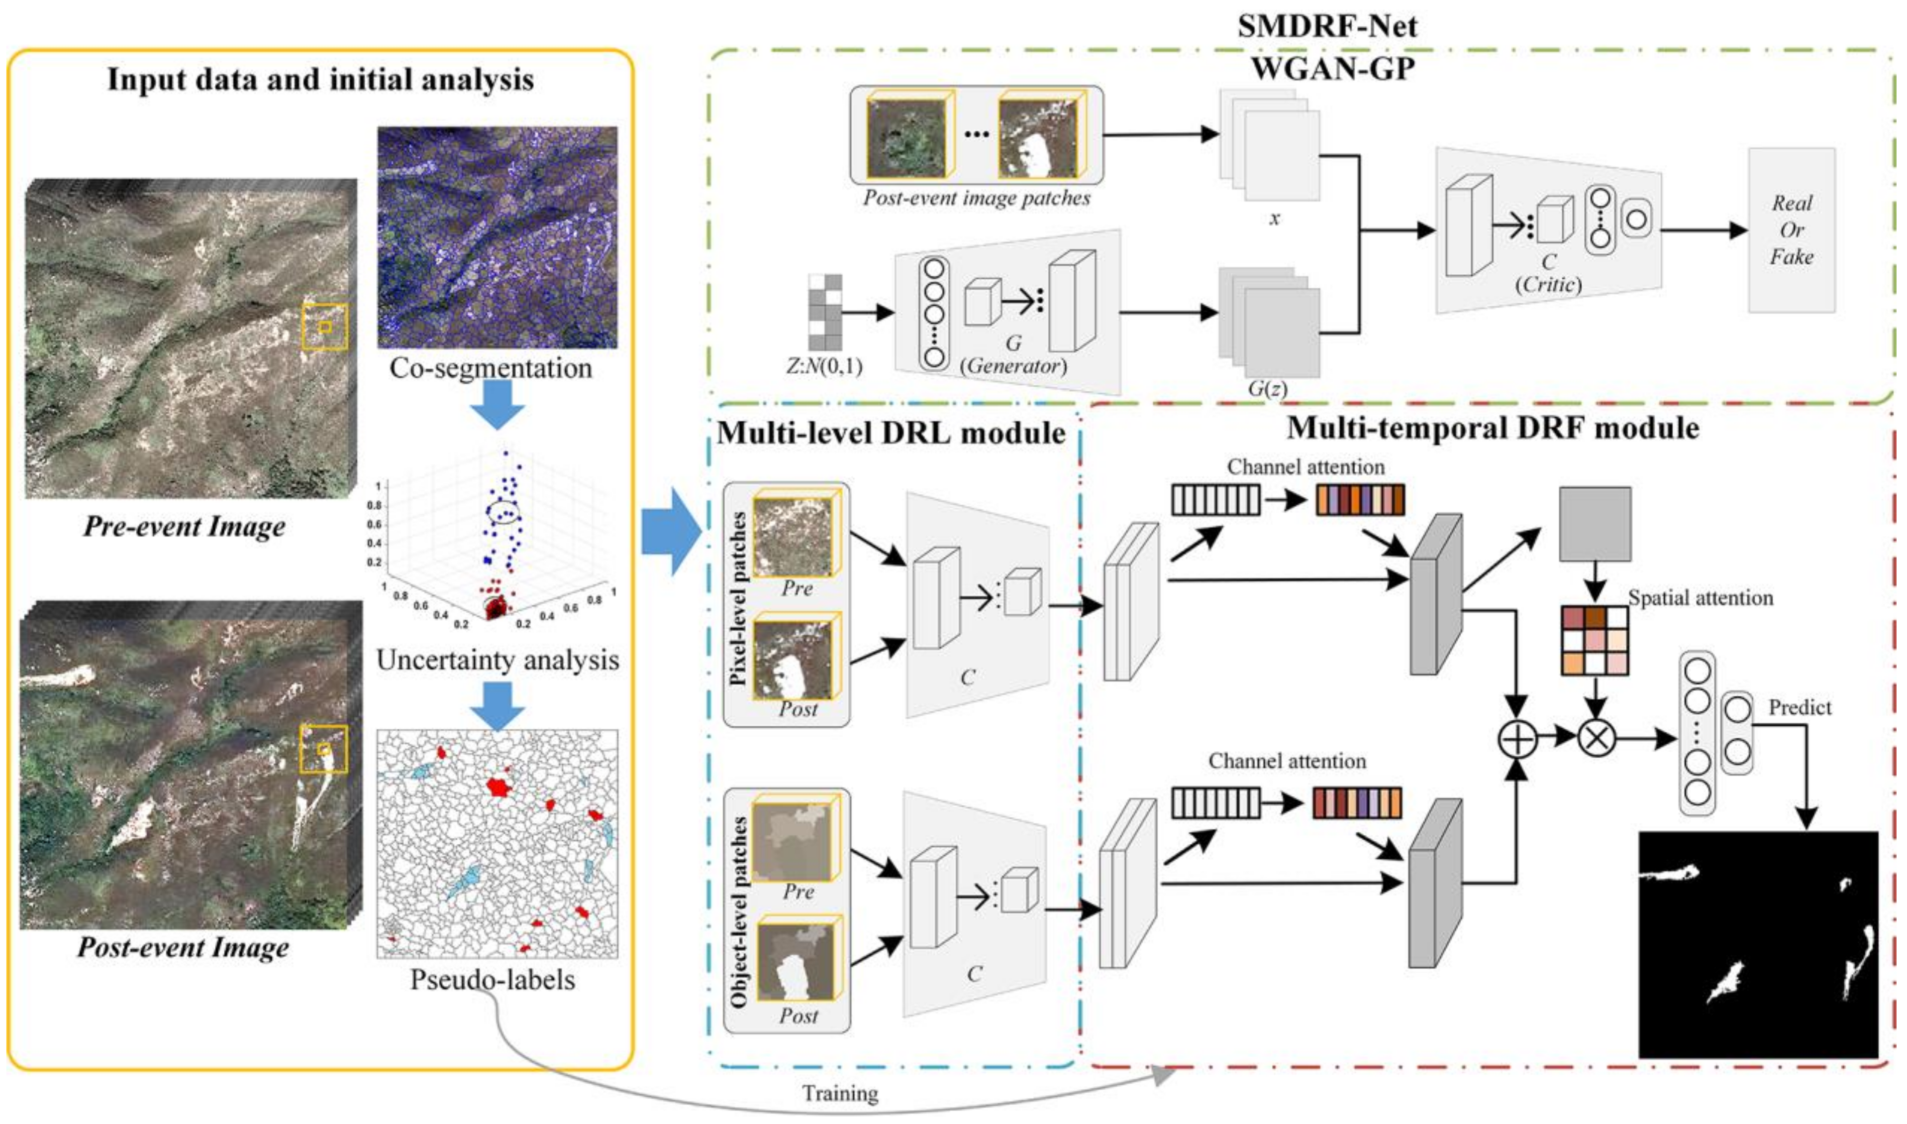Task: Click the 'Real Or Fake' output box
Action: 1791,229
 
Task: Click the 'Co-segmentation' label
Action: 491,368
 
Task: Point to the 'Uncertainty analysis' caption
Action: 498,661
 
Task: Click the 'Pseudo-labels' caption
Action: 492,980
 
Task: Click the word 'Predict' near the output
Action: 1800,707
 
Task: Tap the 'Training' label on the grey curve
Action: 840,1094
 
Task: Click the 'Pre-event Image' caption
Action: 184,527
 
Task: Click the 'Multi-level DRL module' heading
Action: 891,433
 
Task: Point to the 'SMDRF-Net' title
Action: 1327,26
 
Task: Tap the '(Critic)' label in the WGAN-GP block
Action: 1548,285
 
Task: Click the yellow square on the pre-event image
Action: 325,327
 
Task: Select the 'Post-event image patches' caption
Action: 977,199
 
